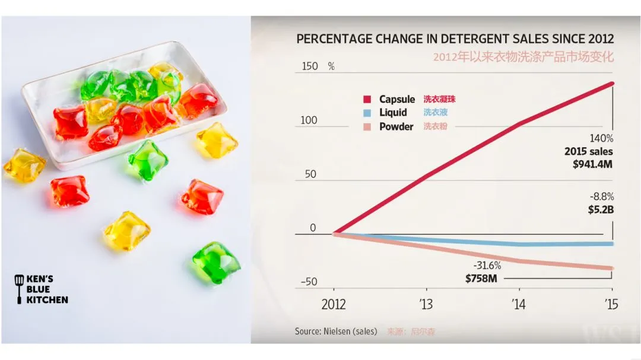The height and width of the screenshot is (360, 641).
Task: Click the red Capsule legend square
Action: [x=367, y=99]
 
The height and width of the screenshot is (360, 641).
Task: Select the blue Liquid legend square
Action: [x=367, y=113]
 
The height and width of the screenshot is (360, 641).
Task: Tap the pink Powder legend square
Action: [x=367, y=126]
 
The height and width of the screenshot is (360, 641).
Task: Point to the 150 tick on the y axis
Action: [x=310, y=66]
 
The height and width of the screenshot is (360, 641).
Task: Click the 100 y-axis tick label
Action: [x=309, y=120]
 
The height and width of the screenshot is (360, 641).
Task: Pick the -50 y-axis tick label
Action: [x=308, y=282]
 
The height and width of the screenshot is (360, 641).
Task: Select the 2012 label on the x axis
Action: [x=334, y=305]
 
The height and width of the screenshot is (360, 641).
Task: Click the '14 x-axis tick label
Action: [x=518, y=305]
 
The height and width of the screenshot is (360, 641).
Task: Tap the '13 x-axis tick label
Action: [x=426, y=305]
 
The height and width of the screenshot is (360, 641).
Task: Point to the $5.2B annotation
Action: [x=601, y=209]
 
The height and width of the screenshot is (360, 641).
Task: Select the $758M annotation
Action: [x=481, y=278]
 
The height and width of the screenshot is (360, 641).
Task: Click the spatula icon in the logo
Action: [x=19, y=289]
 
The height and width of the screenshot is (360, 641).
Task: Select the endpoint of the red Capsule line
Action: [x=612, y=84]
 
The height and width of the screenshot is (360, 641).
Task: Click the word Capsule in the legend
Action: [x=397, y=99]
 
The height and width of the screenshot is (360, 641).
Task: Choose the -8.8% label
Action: [x=601, y=196]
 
